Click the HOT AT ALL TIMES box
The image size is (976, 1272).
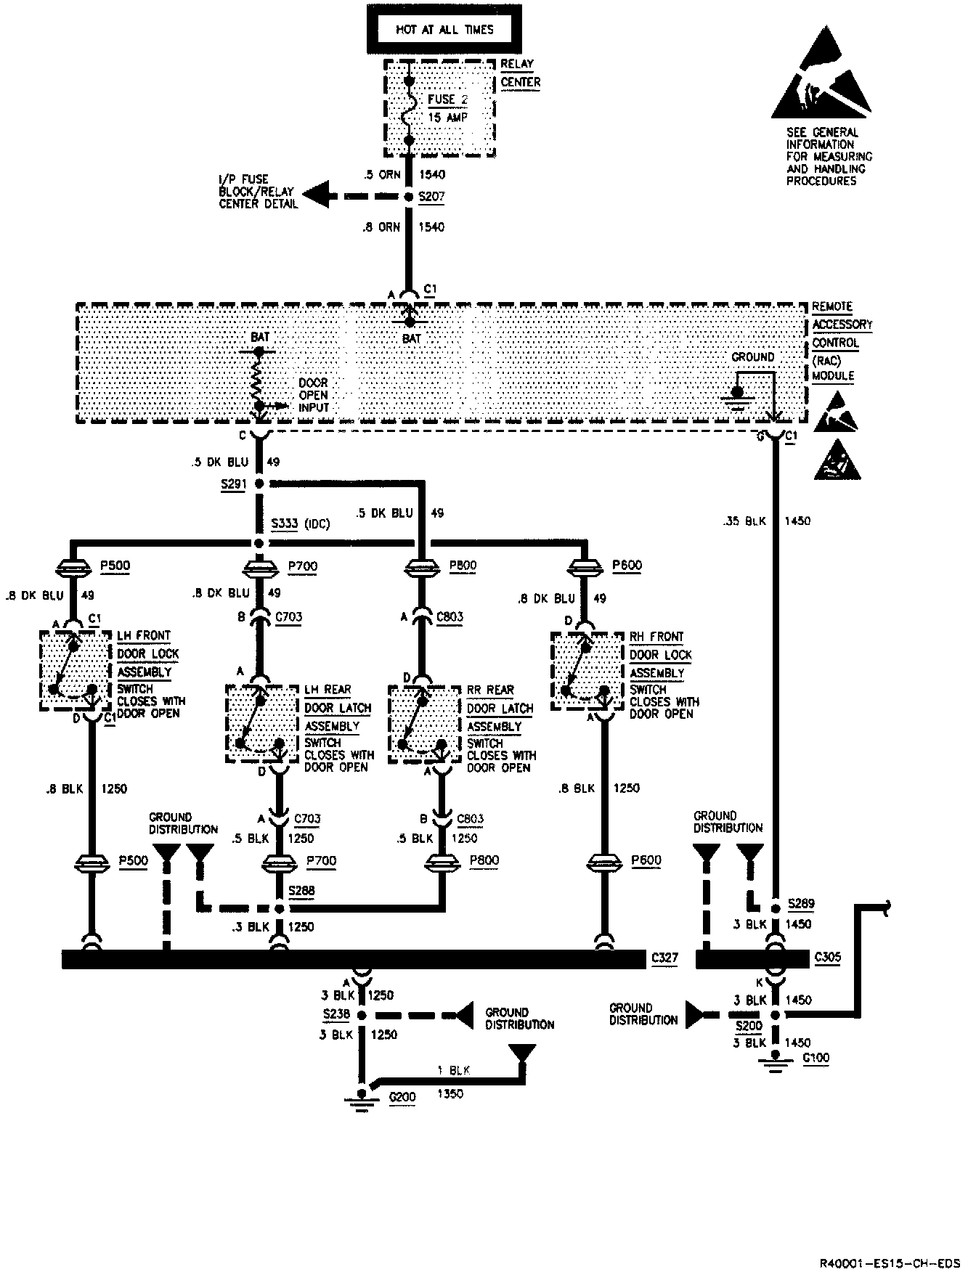point(444,30)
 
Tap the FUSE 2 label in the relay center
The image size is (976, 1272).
point(448,99)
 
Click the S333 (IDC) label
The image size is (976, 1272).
point(300,523)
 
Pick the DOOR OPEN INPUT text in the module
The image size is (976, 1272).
point(314,395)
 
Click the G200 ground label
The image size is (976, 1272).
point(402,1096)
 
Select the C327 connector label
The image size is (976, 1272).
point(664,958)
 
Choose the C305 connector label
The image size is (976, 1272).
point(828,957)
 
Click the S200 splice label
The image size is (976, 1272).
point(749,1026)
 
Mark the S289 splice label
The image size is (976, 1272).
point(802,904)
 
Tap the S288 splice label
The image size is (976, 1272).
point(301,891)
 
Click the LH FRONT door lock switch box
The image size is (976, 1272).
point(76,669)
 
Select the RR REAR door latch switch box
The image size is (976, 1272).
point(425,723)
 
